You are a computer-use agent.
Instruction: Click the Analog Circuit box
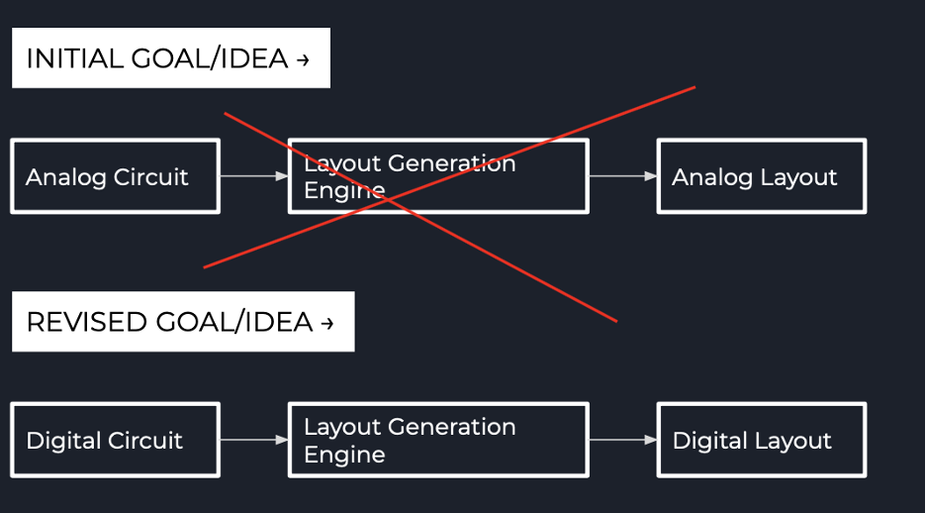[x=115, y=176]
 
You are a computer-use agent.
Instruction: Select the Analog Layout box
[x=761, y=176]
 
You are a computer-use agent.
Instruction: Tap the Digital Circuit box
[x=115, y=441]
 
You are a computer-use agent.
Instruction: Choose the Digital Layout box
[x=761, y=441]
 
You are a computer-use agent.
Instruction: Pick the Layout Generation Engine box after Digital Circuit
[x=438, y=441]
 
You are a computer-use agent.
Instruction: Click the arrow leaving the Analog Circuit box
[x=253, y=176]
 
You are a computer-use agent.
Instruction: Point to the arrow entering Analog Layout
[x=622, y=176]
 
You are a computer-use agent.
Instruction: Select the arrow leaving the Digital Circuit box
[x=253, y=440]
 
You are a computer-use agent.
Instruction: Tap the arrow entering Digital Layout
[x=622, y=440]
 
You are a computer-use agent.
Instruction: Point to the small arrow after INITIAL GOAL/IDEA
[x=303, y=60]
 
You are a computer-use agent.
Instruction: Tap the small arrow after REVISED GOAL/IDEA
[x=327, y=324]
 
